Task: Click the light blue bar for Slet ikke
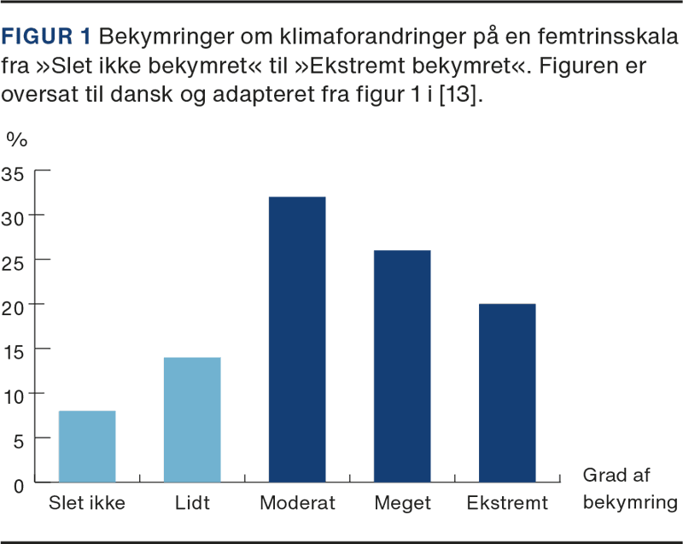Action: coord(87,446)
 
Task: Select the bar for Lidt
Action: coord(192,419)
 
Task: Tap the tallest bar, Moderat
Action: coord(297,339)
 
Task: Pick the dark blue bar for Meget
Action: coord(402,366)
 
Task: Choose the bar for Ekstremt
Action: coord(507,393)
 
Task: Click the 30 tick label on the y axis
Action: coord(16,216)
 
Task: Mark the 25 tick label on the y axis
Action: coord(16,261)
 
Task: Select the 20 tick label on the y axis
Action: coord(16,306)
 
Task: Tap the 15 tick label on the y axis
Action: coord(16,350)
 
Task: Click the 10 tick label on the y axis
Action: coord(16,395)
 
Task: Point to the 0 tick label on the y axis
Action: coord(20,483)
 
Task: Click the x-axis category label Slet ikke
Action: coord(87,503)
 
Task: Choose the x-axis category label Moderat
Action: coord(297,503)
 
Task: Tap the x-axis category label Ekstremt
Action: coord(507,503)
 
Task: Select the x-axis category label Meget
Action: coord(402,503)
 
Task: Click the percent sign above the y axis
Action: coord(16,138)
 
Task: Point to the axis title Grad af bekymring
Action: coord(629,488)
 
